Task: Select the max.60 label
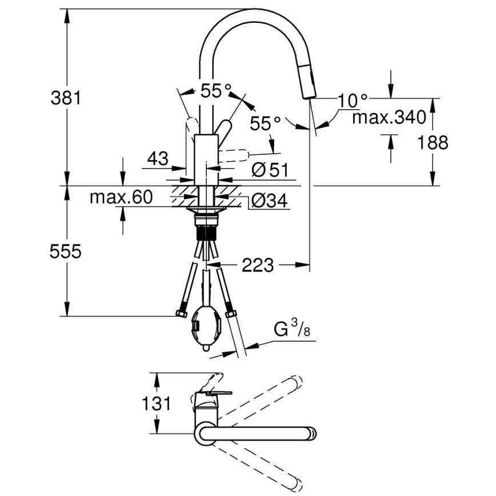pyautogui.click(x=121, y=198)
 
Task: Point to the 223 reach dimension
pyautogui.click(x=257, y=265)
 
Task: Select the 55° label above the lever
pyautogui.click(x=215, y=90)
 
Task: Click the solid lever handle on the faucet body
pyautogui.click(x=223, y=128)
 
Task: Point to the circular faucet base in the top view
pyautogui.click(x=205, y=432)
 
